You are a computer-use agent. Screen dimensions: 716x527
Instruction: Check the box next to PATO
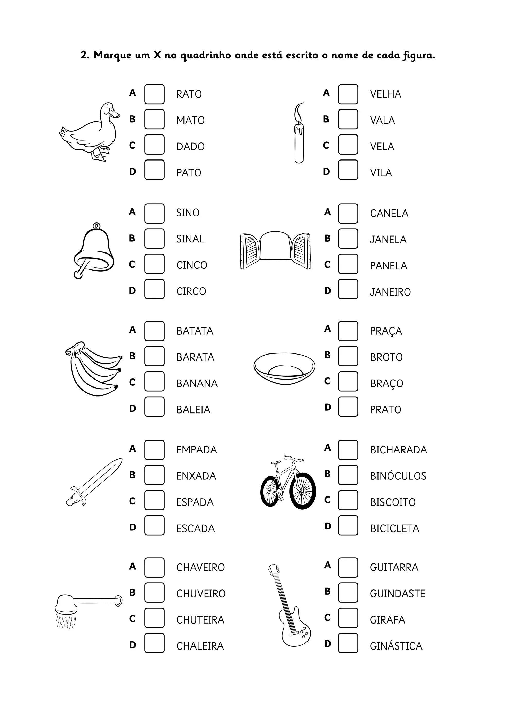(x=154, y=170)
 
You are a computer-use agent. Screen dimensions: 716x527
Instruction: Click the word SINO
(x=188, y=213)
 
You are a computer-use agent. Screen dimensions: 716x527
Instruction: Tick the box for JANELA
(x=348, y=239)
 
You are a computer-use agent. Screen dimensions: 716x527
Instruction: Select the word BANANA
(x=197, y=383)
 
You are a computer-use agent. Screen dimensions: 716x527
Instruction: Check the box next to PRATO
(x=348, y=407)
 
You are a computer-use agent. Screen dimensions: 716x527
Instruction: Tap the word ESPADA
(x=195, y=502)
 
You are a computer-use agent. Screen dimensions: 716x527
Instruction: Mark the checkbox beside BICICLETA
(x=348, y=525)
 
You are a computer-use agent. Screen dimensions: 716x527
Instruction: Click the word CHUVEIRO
(x=201, y=593)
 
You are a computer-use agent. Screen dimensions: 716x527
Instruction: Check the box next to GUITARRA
(x=348, y=568)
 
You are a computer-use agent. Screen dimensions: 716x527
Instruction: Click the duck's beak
(x=115, y=113)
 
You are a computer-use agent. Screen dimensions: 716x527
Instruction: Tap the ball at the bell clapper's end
(x=77, y=274)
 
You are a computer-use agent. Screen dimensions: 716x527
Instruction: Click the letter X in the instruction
(x=157, y=55)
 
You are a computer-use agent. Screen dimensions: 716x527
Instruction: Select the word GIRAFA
(x=387, y=620)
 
